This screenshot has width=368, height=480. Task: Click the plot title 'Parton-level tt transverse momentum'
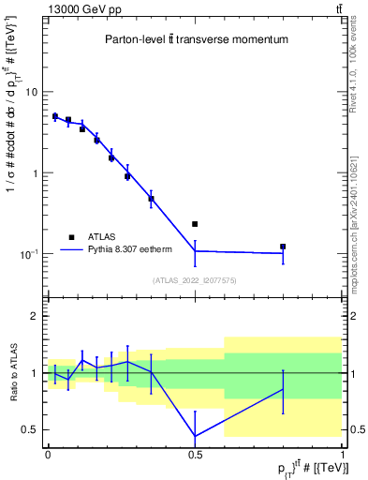pyautogui.click(x=195, y=41)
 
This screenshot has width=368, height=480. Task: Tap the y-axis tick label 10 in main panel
pyautogui.click(x=31, y=92)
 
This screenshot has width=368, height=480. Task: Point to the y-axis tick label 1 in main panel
pyautogui.click(x=35, y=173)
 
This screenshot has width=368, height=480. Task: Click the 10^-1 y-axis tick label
pyautogui.click(x=29, y=254)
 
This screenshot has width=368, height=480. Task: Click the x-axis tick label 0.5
pyautogui.click(x=195, y=454)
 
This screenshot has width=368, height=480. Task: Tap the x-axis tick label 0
pyautogui.click(x=48, y=454)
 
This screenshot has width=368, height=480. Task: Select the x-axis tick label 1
pyautogui.click(x=342, y=454)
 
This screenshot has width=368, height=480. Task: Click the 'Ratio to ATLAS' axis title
pyautogui.click(x=12, y=372)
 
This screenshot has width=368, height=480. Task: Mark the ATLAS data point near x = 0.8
pyautogui.click(x=283, y=247)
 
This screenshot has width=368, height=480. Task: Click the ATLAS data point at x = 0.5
pyautogui.click(x=195, y=224)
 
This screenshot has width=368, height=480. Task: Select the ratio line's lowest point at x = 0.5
pyautogui.click(x=195, y=436)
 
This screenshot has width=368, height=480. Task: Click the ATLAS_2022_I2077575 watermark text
pyautogui.click(x=195, y=279)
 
